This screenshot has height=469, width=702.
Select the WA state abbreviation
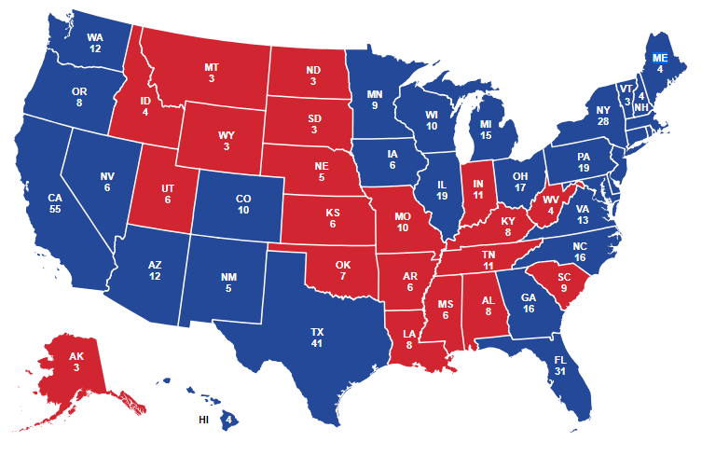click(95, 37)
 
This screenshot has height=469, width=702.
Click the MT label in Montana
click(212, 68)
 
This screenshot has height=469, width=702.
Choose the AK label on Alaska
click(76, 357)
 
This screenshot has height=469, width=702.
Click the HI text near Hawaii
click(203, 420)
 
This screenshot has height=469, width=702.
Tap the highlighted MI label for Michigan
click(486, 124)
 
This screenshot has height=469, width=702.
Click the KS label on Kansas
click(332, 213)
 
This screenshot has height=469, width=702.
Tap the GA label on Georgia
click(529, 298)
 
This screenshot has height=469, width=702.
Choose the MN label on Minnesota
click(374, 94)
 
